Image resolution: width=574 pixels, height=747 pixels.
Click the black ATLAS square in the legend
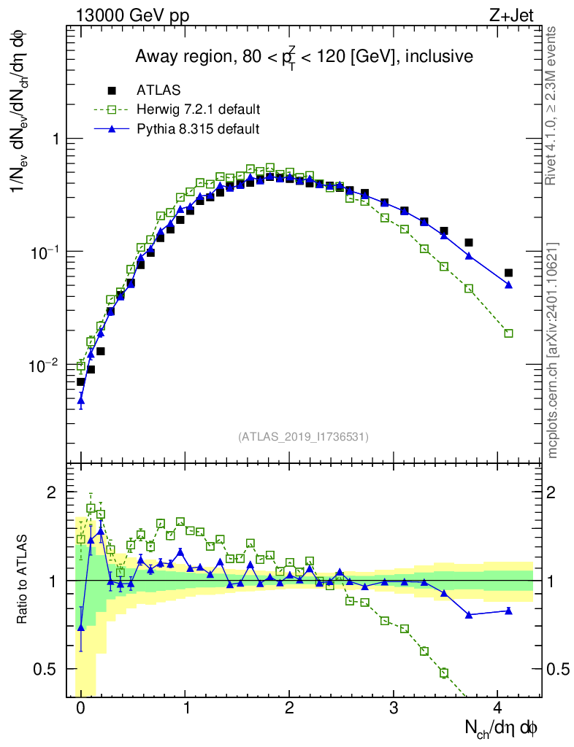112,90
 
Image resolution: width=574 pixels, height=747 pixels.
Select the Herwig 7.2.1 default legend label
199,109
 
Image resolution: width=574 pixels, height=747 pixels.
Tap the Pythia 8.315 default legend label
197,128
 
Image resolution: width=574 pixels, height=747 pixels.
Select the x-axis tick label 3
394,708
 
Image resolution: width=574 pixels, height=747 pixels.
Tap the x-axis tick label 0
80,708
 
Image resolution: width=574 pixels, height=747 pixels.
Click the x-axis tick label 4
498,708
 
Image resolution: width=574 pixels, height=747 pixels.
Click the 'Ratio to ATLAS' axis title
23,580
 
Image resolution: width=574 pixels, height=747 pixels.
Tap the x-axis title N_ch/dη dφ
502,728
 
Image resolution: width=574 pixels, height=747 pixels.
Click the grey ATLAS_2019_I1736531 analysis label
303,436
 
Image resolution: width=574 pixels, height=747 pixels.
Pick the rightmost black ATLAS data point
508,273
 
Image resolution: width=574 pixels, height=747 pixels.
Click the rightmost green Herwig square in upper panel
508,333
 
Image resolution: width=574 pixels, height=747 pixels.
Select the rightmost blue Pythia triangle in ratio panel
508,611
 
